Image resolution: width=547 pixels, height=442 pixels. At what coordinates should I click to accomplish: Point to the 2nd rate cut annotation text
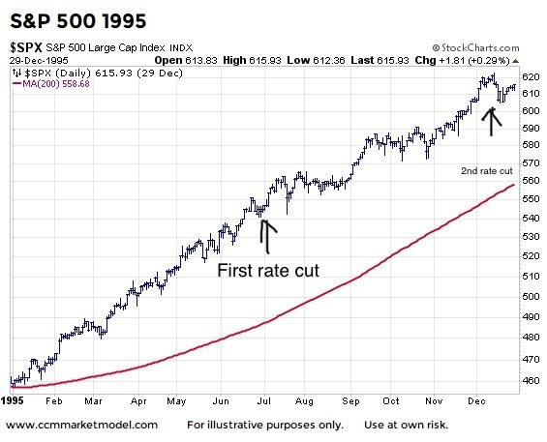tap(485, 171)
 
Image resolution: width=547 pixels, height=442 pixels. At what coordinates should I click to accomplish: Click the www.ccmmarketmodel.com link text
tap(81, 425)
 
